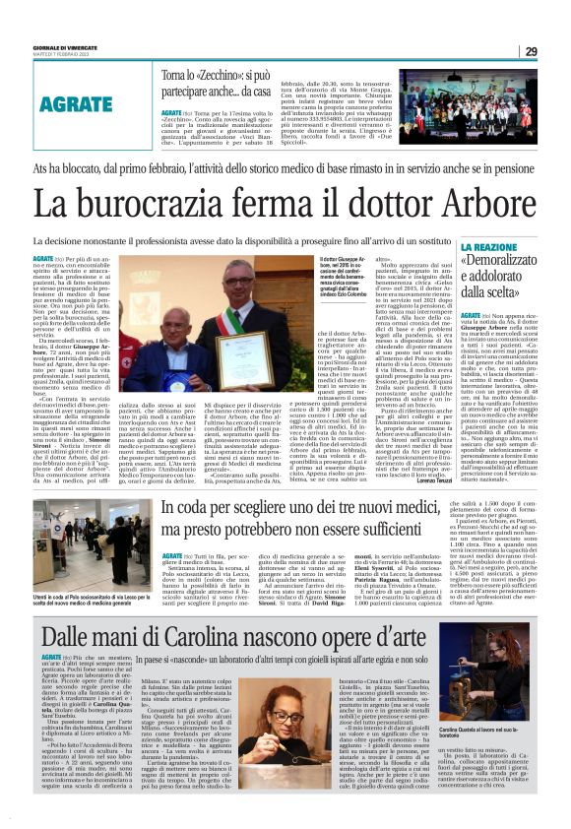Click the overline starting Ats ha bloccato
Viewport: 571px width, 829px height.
285,168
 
